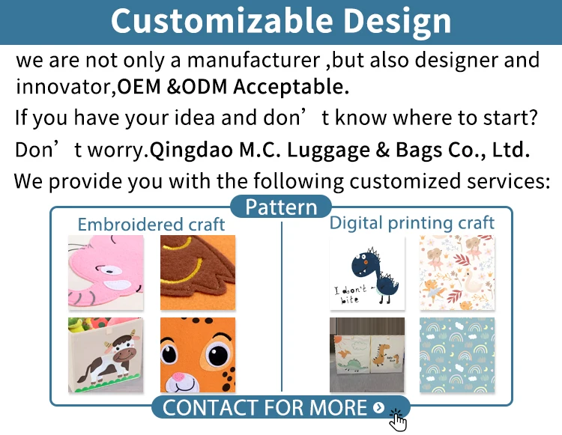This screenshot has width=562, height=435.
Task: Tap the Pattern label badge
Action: coord(281,207)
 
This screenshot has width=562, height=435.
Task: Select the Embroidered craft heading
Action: coord(151,225)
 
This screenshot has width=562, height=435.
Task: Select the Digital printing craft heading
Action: coord(412,223)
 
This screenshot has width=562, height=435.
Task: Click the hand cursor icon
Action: coord(397,421)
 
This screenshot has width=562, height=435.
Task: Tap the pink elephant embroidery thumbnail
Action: coord(106,273)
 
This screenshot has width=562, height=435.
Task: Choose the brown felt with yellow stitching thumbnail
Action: coord(198,273)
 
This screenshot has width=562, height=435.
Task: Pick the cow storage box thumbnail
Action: coord(106,355)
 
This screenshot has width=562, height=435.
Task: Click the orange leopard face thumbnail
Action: coord(198,355)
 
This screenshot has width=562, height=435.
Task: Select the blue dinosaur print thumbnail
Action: coord(367,273)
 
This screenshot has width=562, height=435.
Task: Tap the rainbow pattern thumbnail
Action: coord(457,355)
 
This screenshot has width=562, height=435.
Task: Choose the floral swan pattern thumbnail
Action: coord(457,273)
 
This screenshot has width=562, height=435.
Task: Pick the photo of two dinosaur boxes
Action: coord(367,355)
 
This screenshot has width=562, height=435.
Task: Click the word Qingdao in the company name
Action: coord(191,150)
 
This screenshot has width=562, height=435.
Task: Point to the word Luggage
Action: coord(328,150)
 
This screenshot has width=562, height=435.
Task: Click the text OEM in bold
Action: coord(139,87)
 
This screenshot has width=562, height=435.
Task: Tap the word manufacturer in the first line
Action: coord(253,60)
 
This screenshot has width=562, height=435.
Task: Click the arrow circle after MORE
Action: coord(378,407)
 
